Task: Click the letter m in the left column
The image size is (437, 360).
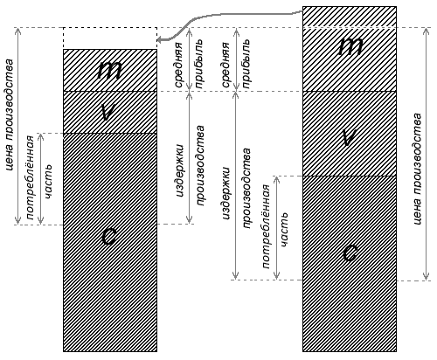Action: (109, 70)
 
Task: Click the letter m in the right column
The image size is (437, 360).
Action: (350, 46)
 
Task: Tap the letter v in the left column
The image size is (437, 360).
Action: (109, 112)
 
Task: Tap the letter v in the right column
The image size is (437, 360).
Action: (350, 137)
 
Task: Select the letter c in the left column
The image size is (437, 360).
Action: (109, 236)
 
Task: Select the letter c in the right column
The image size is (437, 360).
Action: (350, 253)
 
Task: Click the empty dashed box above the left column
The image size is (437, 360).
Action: (110, 38)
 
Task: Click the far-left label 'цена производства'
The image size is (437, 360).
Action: (10, 115)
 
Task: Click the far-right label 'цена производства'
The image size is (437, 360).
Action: (417, 169)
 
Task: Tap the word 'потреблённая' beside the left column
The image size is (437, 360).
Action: (31, 177)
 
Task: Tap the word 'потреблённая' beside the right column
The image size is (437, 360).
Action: (267, 226)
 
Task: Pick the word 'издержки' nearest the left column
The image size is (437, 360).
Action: (181, 170)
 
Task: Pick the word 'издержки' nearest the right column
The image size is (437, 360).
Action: (226, 193)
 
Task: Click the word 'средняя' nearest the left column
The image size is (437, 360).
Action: (178, 65)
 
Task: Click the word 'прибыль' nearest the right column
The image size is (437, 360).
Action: (246, 64)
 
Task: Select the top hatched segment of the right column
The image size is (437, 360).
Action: (350, 17)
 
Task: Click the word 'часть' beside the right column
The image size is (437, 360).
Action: (284, 231)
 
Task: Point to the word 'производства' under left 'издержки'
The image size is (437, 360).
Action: (200, 166)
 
